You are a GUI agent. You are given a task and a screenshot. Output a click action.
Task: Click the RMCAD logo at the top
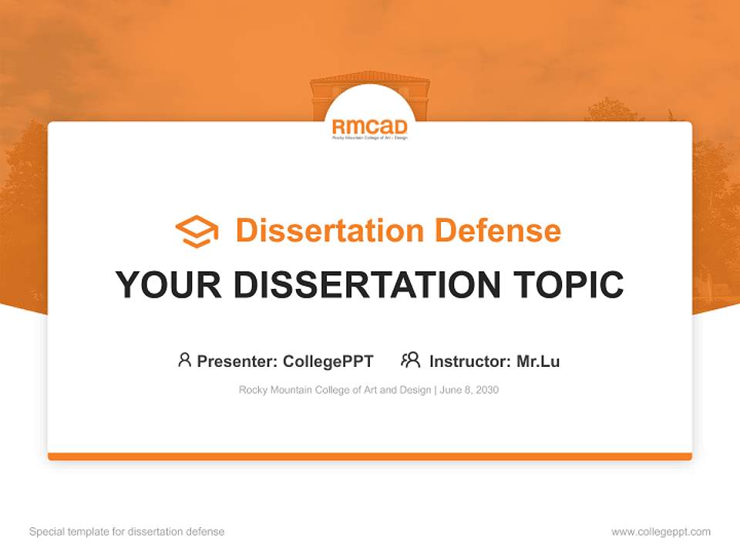coord(369,126)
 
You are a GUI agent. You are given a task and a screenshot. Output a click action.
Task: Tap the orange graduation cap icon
coord(197,231)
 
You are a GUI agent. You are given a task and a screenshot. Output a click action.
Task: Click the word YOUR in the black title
coord(169,284)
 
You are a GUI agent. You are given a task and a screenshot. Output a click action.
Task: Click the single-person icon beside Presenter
coord(184,360)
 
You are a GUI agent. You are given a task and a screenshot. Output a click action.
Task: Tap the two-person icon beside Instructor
coord(410,360)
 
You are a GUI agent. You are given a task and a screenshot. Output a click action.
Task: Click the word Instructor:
coord(470,361)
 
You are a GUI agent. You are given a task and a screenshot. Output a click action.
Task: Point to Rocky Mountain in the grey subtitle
coord(274,390)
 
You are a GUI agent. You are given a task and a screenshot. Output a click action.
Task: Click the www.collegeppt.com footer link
coord(661,532)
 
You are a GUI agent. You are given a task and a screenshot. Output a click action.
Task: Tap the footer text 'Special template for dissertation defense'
coord(126,532)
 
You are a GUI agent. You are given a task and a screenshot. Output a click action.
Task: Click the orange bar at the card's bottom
coord(369,456)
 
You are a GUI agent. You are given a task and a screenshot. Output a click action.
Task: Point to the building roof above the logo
coord(369,78)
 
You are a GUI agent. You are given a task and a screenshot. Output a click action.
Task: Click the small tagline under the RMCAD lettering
coord(369,137)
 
